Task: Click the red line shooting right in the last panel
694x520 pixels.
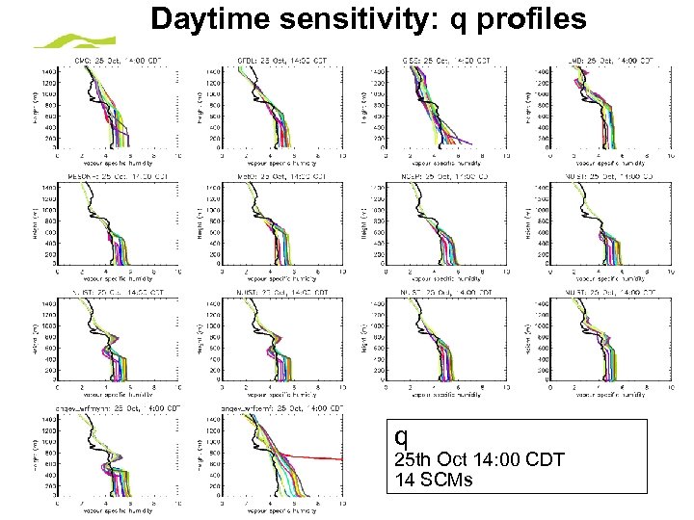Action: point(318,456)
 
